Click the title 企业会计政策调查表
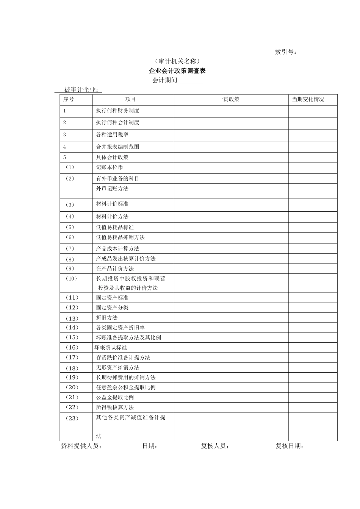pyautogui.click(x=177, y=71)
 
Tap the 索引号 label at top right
pyautogui.click(x=286, y=52)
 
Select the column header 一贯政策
pyautogui.click(x=229, y=100)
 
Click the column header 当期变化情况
pyautogui.click(x=308, y=100)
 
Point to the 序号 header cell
pyautogui.click(x=69, y=100)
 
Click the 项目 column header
pyautogui.click(x=130, y=100)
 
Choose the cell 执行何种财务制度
pyautogui.click(x=117, y=111)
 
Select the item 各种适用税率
pyautogui.click(x=112, y=134)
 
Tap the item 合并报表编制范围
pyautogui.click(x=117, y=147)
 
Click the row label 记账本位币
pyautogui.click(x=110, y=167)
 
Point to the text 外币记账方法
pyautogui.click(x=112, y=189)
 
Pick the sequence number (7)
pyautogui.click(x=70, y=249)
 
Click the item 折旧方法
pyautogui.click(x=107, y=318)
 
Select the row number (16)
pyautogui.click(x=72, y=348)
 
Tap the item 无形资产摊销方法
pyautogui.click(x=117, y=367)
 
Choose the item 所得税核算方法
pyautogui.click(x=115, y=408)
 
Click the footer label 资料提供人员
pyautogui.click(x=81, y=446)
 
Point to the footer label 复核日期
pyautogui.click(x=290, y=446)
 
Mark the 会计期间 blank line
pyautogui.click(x=190, y=81)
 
